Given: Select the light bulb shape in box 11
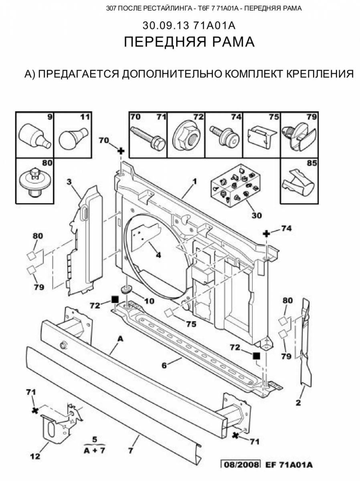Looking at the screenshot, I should tap(72, 137).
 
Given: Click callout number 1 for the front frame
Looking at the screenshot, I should tap(194, 182).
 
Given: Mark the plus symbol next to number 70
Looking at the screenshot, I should tap(121, 152).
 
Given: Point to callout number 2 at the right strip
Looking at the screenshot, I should tap(298, 403).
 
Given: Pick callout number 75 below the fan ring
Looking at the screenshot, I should tap(191, 323).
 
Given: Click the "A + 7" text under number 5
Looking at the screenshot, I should tap(95, 450).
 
